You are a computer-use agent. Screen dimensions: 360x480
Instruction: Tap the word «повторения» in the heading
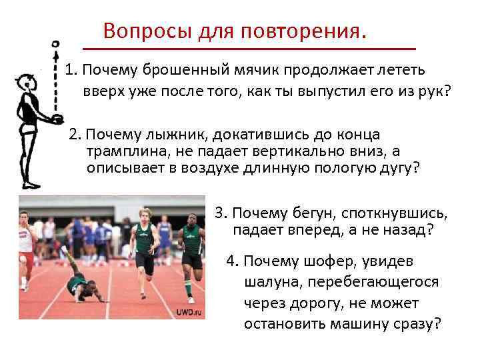(x=297, y=31)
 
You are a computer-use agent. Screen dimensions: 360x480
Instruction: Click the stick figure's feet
(x=31, y=185)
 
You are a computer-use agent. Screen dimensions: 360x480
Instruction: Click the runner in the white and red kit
(x=25, y=243)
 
